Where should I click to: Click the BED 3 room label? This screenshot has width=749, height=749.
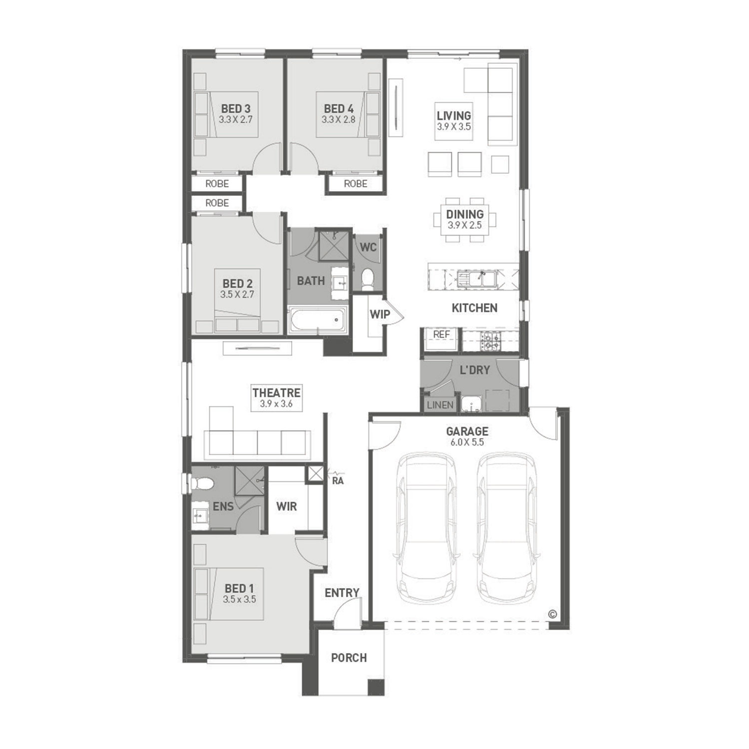[x=236, y=113]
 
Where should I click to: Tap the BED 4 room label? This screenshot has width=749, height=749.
[x=339, y=113]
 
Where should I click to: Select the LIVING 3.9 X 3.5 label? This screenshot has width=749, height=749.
[x=454, y=120]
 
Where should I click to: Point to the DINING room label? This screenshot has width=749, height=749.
[x=465, y=219]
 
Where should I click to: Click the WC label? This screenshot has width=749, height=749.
[x=368, y=247]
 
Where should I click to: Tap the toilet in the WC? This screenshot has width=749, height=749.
[x=368, y=279]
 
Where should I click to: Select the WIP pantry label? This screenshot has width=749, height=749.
[x=379, y=315]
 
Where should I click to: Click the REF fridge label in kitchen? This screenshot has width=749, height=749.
[x=441, y=334]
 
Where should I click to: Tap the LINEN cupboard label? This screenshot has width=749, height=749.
[x=440, y=405]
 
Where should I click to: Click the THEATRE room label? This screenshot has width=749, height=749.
[x=276, y=397]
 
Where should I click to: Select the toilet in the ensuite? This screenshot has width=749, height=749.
[x=202, y=482]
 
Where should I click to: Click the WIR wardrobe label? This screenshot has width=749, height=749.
[x=287, y=506]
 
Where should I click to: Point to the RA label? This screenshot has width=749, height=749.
[x=338, y=481]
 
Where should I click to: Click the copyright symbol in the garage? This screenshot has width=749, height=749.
[x=552, y=614]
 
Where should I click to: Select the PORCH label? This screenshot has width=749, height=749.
[x=349, y=658]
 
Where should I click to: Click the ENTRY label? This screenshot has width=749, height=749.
[x=342, y=593]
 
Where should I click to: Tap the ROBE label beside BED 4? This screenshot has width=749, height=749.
[x=356, y=184]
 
